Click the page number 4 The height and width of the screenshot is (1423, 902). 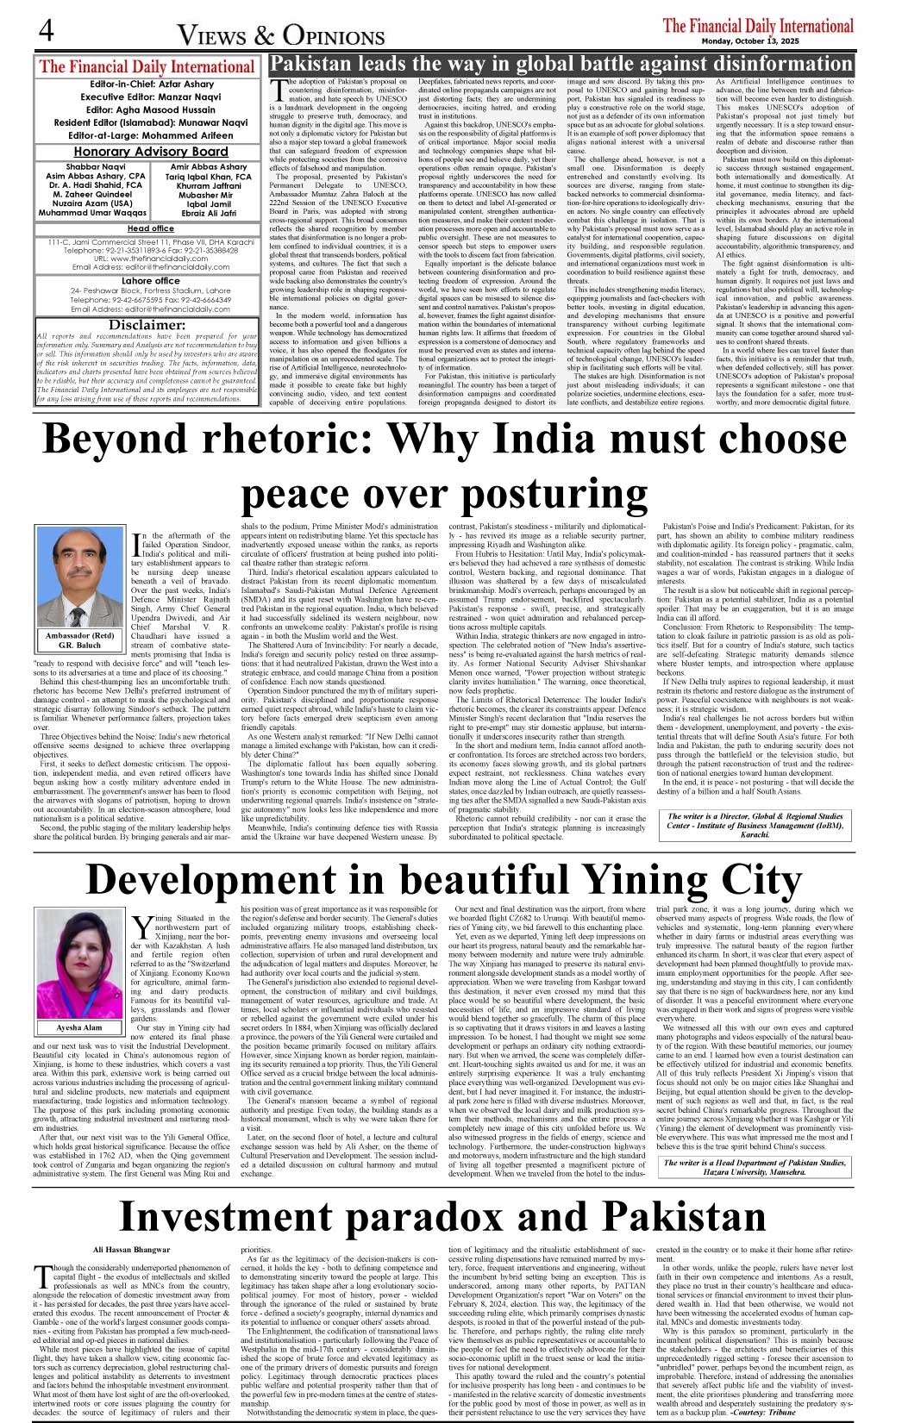pyautogui.click(x=46, y=30)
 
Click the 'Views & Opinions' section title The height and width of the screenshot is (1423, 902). pyautogui.click(x=280, y=35)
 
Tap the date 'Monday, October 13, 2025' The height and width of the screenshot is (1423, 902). pyautogui.click(x=749, y=41)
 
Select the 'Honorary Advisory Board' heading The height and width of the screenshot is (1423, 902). pyautogui.click(x=151, y=152)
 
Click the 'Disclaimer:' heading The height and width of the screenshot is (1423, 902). pyautogui.click(x=147, y=325)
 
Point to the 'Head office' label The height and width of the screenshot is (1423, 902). pyautogui.click(x=151, y=228)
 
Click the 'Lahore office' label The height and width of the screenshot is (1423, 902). pyautogui.click(x=151, y=281)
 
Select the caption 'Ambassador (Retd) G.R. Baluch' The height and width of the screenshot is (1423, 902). pyautogui.click(x=79, y=639)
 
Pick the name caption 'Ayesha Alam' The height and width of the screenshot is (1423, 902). pyautogui.click(x=79, y=1027)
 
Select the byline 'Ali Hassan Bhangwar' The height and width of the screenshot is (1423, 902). pyautogui.click(x=132, y=1249)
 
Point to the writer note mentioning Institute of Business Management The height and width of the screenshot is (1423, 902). pyautogui.click(x=754, y=825)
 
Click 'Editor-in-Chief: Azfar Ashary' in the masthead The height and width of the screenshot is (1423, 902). pyautogui.click(x=151, y=84)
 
